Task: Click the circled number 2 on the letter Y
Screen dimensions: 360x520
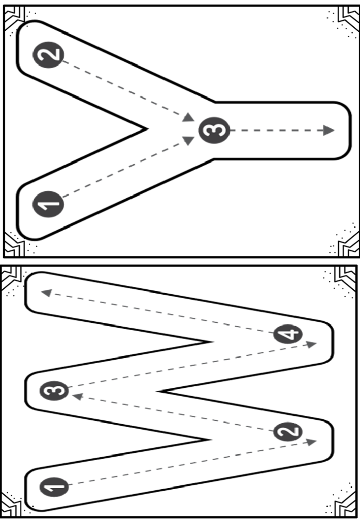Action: [x=48, y=55]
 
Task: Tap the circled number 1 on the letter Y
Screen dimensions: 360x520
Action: [x=48, y=204]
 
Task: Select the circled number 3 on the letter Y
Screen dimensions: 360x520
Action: [x=214, y=131]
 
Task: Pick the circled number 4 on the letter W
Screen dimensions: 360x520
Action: [x=288, y=334]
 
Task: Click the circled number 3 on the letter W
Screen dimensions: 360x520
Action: [x=54, y=391]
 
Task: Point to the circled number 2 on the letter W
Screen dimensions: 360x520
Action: [x=288, y=432]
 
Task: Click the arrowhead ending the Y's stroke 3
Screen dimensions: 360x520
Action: [x=329, y=131]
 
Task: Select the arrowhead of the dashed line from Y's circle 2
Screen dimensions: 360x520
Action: [x=188, y=117]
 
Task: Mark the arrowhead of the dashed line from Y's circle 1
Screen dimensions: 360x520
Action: [x=188, y=140]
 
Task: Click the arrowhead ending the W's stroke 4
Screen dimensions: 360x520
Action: [x=46, y=292]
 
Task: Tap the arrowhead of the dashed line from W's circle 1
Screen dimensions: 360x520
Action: [x=311, y=442]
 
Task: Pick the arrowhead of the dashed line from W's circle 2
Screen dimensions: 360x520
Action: [x=78, y=396]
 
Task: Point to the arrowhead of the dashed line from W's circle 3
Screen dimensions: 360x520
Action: [x=311, y=344]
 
